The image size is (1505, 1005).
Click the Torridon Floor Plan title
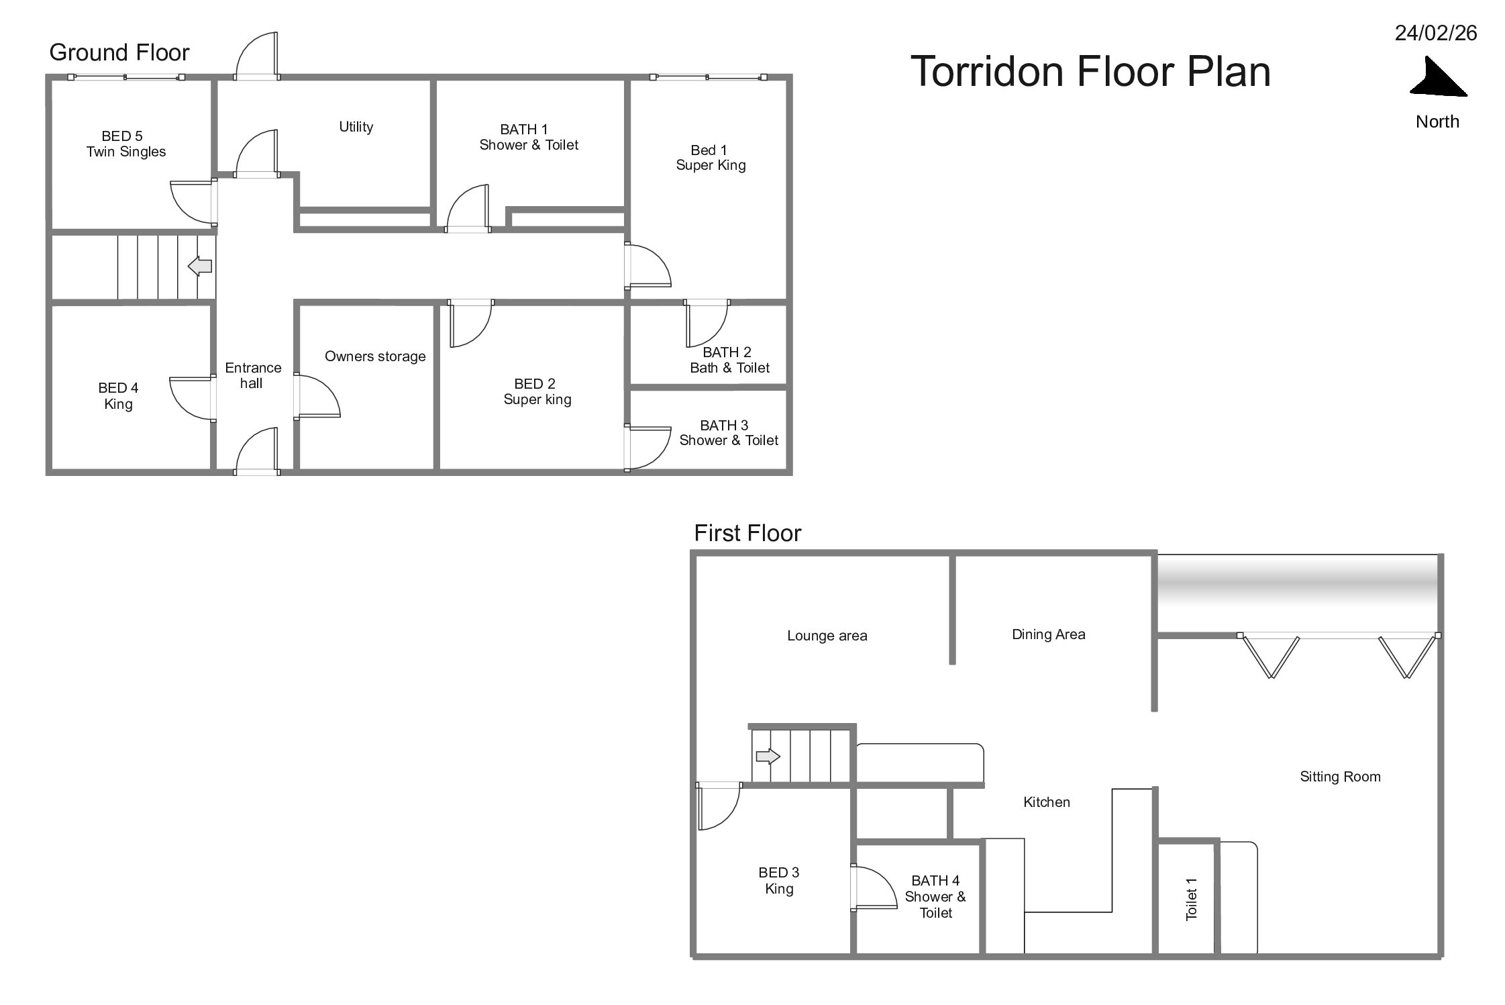[x=1090, y=71]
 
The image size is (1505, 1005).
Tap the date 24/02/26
[x=1436, y=33]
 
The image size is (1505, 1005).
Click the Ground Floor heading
[x=119, y=52]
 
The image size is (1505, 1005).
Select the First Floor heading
[x=747, y=533]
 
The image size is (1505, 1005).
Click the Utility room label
[x=356, y=127]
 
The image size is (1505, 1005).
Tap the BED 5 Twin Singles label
[x=125, y=144]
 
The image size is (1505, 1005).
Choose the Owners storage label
[x=375, y=356]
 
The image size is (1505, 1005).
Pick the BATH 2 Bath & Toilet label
[x=729, y=360]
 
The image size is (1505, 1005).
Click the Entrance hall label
[x=253, y=375]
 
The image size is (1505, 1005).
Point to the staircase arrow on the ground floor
[x=200, y=266]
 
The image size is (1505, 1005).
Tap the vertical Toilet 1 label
[x=1191, y=900]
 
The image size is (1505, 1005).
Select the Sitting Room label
[x=1340, y=777]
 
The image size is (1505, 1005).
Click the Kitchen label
[x=1046, y=802]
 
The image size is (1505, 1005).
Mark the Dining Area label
[x=1048, y=634]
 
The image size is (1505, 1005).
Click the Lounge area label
[x=827, y=636]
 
